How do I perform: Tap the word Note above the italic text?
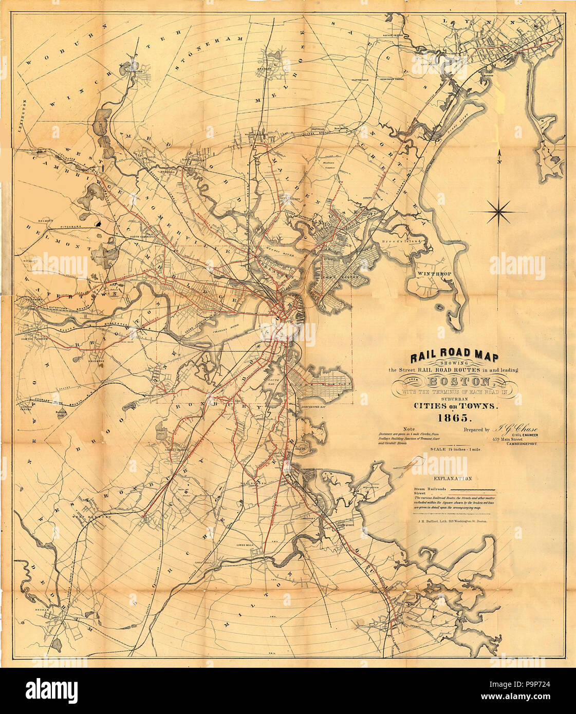click(409, 428)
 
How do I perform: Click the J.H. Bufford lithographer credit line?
click(446, 521)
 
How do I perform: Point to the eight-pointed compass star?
click(497, 212)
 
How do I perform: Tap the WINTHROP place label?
click(434, 274)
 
